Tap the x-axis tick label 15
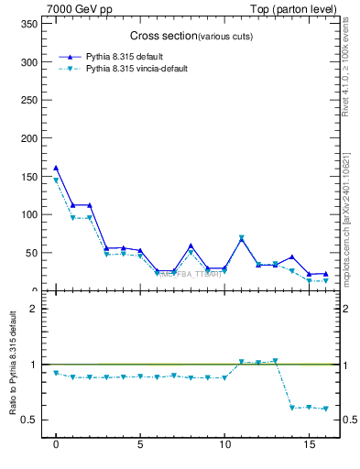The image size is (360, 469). point(309,449)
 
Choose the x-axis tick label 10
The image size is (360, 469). point(224,449)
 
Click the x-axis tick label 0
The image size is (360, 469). point(56,449)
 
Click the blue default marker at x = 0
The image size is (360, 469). point(56,168)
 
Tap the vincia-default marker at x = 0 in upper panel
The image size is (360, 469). point(56,180)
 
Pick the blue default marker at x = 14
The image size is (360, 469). point(292,257)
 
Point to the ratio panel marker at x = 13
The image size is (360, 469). point(275,361)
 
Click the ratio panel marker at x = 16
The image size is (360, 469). point(325,409)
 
